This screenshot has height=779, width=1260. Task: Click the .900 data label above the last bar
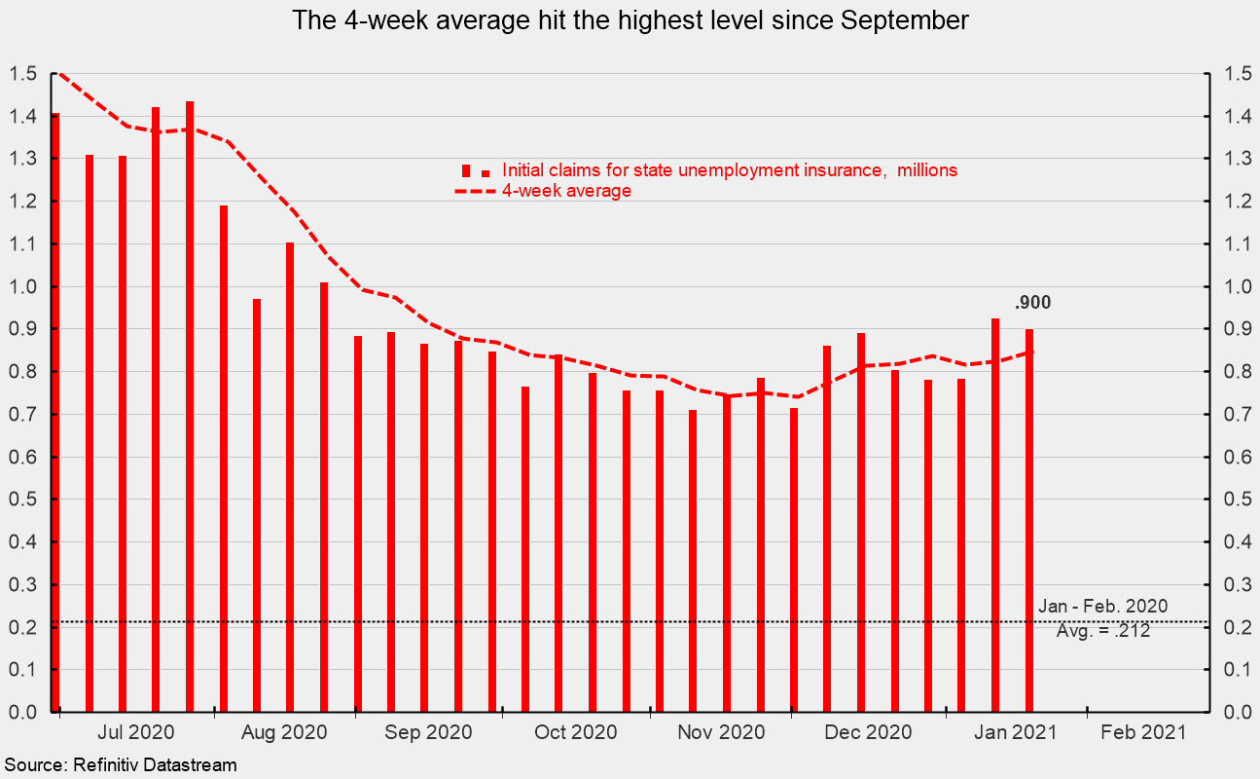[1032, 303]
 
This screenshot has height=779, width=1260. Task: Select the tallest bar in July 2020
[190, 406]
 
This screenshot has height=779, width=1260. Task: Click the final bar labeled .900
[1029, 521]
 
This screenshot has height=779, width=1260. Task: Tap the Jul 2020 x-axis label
[135, 732]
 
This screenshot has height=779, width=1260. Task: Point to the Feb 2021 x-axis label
[1143, 732]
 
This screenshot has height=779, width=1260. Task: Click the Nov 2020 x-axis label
[721, 732]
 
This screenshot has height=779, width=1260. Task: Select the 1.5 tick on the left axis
[22, 74]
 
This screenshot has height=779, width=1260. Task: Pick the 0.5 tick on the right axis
[1238, 500]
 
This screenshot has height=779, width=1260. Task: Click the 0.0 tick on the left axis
[22, 712]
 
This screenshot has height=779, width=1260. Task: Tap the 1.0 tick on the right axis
[1238, 286]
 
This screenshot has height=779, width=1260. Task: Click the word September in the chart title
[905, 21]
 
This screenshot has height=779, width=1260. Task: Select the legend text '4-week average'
[566, 191]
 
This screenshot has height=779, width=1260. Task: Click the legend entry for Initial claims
[730, 170]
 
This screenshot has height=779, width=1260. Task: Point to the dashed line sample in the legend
[475, 192]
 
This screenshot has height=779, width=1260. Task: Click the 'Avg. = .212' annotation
[1103, 630]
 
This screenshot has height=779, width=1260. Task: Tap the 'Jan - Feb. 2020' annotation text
[1102, 607]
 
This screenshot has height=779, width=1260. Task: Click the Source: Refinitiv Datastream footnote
[121, 765]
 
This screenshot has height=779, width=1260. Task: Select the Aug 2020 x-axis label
[284, 732]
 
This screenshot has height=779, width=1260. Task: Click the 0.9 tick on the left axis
[22, 329]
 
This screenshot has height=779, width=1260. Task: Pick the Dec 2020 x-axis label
[868, 732]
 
